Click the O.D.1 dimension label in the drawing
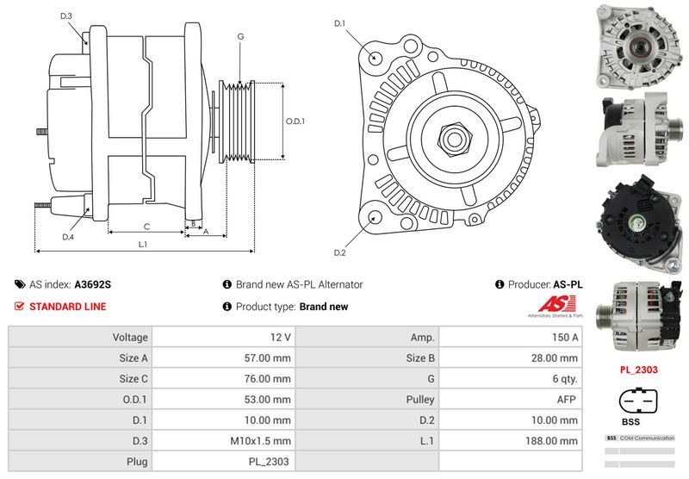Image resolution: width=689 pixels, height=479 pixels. tap(295, 121)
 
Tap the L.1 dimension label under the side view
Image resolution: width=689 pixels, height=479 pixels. tap(143, 244)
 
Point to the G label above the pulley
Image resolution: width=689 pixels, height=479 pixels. tap(240, 36)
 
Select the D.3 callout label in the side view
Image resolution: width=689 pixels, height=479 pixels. tap(66, 16)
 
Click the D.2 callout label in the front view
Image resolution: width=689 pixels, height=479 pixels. tap(338, 252)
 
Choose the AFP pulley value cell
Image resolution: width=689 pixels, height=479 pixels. tap(568, 400)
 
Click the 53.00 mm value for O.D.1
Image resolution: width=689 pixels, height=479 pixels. tap(268, 400)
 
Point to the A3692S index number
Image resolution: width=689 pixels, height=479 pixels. tap(92, 284)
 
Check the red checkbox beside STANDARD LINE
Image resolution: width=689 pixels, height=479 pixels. tap(20, 306)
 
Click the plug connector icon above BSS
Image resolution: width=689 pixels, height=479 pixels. tap(638, 402)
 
